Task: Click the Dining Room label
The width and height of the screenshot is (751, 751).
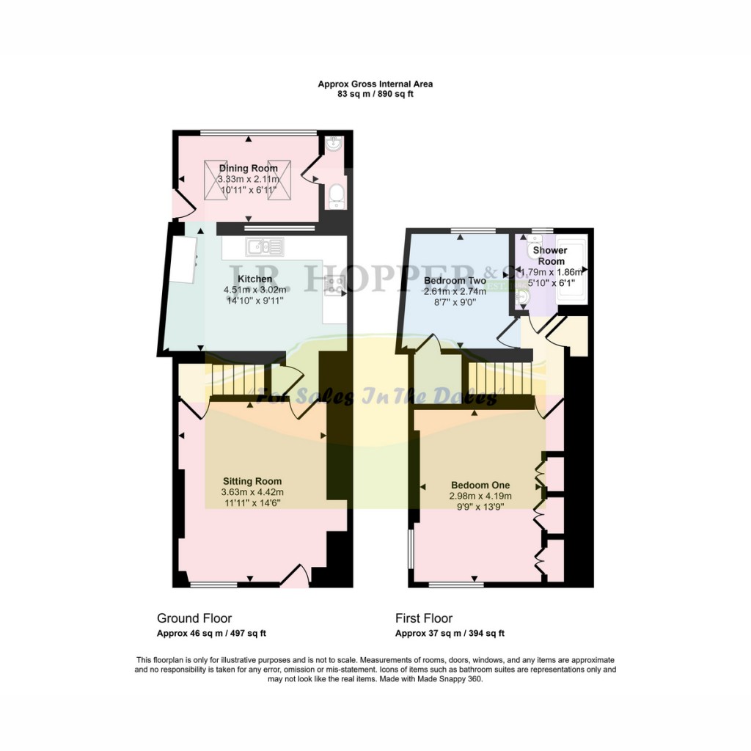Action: click(248, 169)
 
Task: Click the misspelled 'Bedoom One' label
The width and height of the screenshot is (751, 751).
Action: click(480, 486)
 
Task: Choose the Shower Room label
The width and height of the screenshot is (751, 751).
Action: click(551, 256)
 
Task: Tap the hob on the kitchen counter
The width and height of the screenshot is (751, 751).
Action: click(335, 284)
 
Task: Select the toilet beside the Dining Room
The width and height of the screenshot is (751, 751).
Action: click(336, 195)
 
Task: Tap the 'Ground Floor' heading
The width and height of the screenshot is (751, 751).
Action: click(194, 618)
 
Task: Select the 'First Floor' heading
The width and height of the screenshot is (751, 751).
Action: click(424, 618)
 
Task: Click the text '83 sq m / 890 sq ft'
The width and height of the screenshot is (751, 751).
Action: click(375, 94)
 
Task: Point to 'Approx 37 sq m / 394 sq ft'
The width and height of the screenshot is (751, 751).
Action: click(450, 634)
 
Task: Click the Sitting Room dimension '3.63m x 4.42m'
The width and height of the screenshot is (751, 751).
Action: click(252, 492)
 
